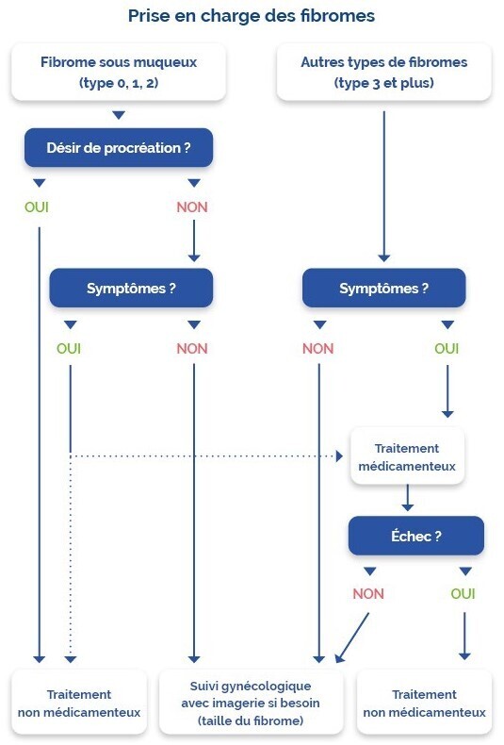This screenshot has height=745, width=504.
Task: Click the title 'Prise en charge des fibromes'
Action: coord(252,16)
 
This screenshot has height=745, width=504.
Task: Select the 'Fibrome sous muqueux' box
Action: coord(119,72)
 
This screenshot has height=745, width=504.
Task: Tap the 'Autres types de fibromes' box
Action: coord(384,72)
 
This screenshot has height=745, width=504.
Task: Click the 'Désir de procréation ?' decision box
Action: coord(119,148)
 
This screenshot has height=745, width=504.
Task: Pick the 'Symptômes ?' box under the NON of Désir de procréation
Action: coord(131,288)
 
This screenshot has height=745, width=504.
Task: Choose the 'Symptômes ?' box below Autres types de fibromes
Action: coord(384,288)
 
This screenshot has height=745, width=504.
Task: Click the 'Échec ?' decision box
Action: coord(416,536)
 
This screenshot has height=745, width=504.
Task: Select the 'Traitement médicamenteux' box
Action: coord(407,456)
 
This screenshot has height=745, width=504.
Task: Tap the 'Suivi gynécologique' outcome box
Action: coord(251,703)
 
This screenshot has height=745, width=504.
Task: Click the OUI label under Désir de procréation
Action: coord(37,207)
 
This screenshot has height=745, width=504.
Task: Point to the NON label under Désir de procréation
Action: coord(192,207)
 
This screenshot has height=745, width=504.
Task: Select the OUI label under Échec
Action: coord(463,594)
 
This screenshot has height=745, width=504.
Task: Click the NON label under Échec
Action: coord(368,594)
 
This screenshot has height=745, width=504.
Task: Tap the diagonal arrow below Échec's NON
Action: coord(351,637)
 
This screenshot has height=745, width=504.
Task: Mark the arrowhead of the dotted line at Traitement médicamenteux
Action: coord(339,456)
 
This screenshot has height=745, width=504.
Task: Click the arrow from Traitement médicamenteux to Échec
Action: coord(407,498)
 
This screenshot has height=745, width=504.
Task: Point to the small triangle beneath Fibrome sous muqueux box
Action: coord(119,115)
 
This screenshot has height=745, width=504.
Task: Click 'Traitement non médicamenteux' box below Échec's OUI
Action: coord(424,703)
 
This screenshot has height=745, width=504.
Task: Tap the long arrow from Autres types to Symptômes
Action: coord(384,187)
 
